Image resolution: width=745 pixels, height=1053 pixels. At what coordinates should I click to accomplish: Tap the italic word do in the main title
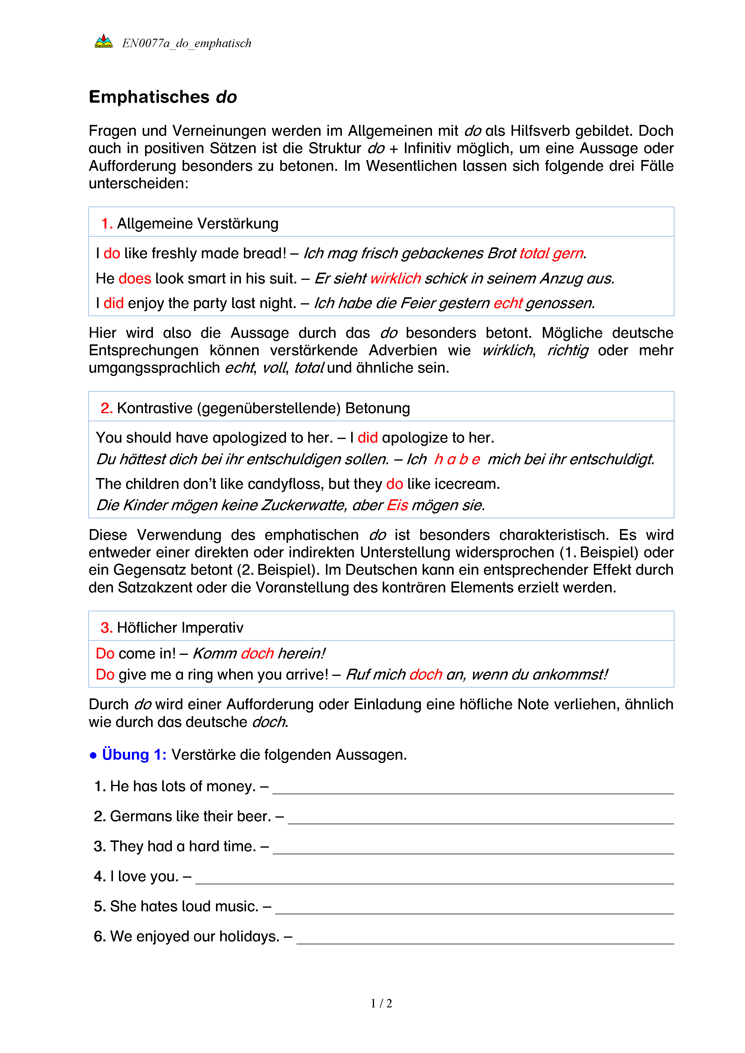(x=226, y=97)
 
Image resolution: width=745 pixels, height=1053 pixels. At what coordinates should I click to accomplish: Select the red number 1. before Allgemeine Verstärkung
(x=107, y=224)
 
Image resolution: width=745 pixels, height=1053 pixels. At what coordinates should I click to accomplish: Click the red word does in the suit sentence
(x=135, y=278)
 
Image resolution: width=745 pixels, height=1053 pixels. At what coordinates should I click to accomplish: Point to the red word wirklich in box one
(x=395, y=278)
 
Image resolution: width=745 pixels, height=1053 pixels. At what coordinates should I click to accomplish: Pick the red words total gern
(x=552, y=253)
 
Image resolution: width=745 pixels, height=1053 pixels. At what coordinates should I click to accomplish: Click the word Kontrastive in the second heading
(x=155, y=408)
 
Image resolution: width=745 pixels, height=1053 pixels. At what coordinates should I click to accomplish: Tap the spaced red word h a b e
(x=457, y=459)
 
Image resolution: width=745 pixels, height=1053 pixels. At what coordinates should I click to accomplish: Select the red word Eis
(x=397, y=505)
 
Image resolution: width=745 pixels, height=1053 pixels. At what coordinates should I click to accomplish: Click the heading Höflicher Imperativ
(x=180, y=628)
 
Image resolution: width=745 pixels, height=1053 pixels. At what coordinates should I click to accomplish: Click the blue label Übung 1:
(x=134, y=755)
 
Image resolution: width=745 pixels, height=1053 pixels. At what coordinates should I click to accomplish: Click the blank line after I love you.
(x=434, y=878)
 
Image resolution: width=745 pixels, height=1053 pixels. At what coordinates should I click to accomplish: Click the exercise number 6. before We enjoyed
(x=99, y=937)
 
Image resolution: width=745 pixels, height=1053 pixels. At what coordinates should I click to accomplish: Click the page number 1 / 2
(x=381, y=1003)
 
